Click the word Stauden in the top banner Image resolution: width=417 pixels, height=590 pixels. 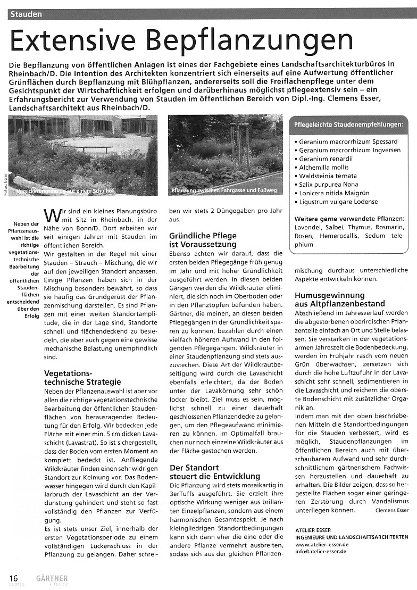tap(26, 14)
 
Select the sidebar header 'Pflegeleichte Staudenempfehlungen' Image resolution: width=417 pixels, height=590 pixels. tap(348, 124)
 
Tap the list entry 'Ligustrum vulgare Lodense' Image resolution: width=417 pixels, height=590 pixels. tap(338, 202)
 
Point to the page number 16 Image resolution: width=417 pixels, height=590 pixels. tap(13, 578)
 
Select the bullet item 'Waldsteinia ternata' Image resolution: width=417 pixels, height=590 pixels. tap(328, 176)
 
